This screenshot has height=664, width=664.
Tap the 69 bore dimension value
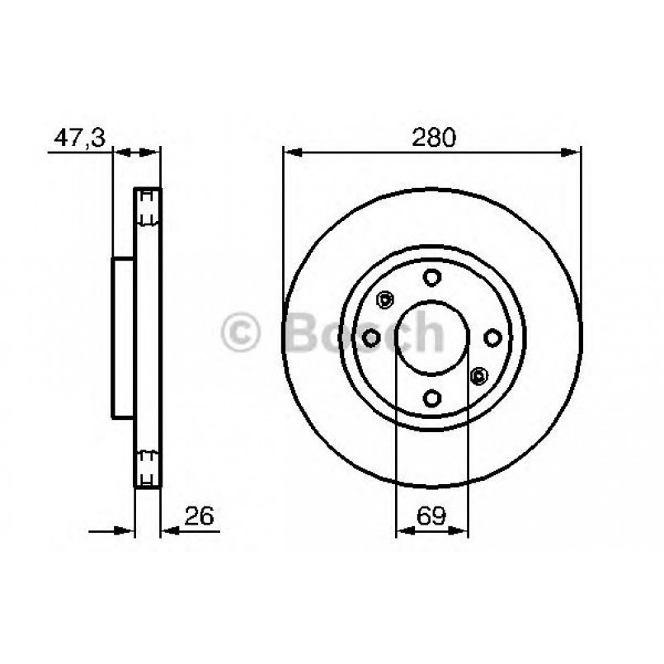[x=431, y=517]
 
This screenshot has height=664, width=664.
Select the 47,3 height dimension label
[x=79, y=137]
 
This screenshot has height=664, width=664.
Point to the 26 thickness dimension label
[x=198, y=517]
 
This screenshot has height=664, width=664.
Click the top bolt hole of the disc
[x=431, y=278]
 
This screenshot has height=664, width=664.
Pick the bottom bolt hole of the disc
[x=431, y=397]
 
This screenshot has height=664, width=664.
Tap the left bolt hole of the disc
[x=372, y=337]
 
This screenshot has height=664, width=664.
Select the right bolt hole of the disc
[x=492, y=337]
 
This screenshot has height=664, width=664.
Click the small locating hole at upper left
[x=384, y=299]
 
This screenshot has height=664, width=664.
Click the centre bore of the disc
[x=431, y=337]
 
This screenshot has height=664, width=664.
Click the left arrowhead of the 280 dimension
[x=290, y=152]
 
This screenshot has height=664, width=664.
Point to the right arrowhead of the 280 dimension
[x=575, y=152]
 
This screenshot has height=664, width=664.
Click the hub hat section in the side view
[x=122, y=337]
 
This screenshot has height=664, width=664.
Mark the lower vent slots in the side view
[x=148, y=467]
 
